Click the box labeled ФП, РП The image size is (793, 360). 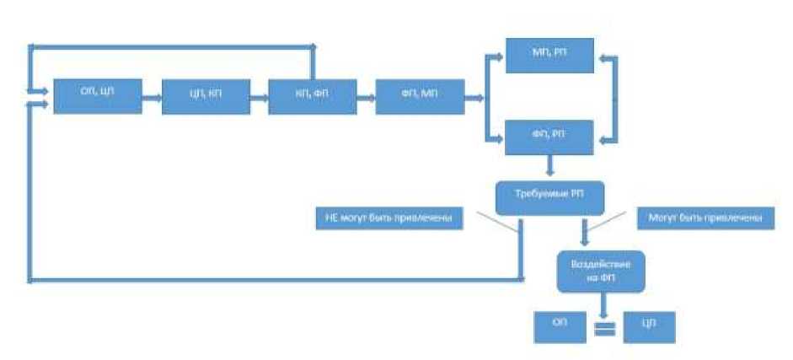549,137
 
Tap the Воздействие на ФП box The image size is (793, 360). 601,271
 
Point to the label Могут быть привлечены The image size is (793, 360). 705,218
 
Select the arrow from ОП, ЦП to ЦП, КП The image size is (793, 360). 152,97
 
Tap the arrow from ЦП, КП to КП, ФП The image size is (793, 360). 260,97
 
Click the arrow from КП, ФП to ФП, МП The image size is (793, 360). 366,97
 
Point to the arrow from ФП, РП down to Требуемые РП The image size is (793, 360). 549,165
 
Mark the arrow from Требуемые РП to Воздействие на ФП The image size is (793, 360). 583,231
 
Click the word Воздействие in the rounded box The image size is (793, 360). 601,264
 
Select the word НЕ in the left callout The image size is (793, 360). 330,219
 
